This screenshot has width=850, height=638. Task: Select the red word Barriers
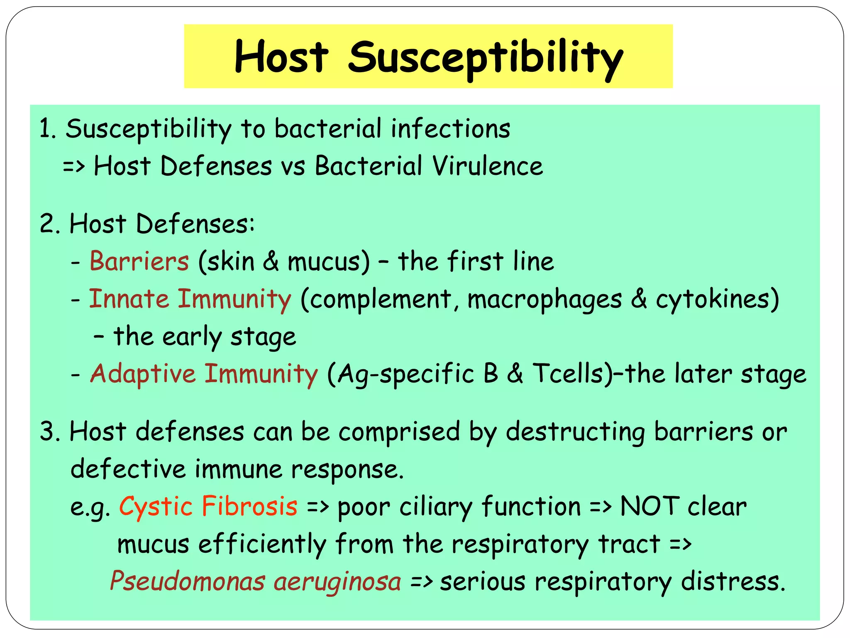click(x=139, y=261)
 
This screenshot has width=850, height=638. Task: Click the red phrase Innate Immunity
click(x=190, y=299)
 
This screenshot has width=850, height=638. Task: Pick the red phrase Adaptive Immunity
click(x=204, y=373)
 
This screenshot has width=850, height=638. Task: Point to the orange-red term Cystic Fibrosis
click(x=208, y=506)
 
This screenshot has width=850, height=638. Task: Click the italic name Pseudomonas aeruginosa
click(x=255, y=581)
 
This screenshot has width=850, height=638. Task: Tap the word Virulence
click(x=487, y=166)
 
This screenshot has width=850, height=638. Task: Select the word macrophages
click(x=545, y=299)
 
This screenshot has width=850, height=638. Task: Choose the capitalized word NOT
click(x=650, y=506)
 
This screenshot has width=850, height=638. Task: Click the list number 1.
click(x=46, y=128)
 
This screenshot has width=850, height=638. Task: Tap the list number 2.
click(x=48, y=224)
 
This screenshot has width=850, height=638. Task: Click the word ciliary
click(x=436, y=507)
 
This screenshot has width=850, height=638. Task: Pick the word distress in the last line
click(x=733, y=581)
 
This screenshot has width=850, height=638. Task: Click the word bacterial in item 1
click(x=327, y=128)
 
